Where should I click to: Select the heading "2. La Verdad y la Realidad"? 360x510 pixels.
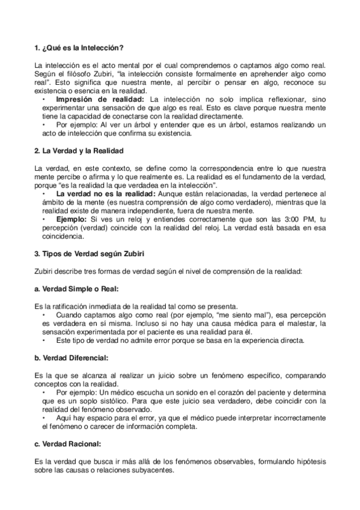(x=79, y=149)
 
